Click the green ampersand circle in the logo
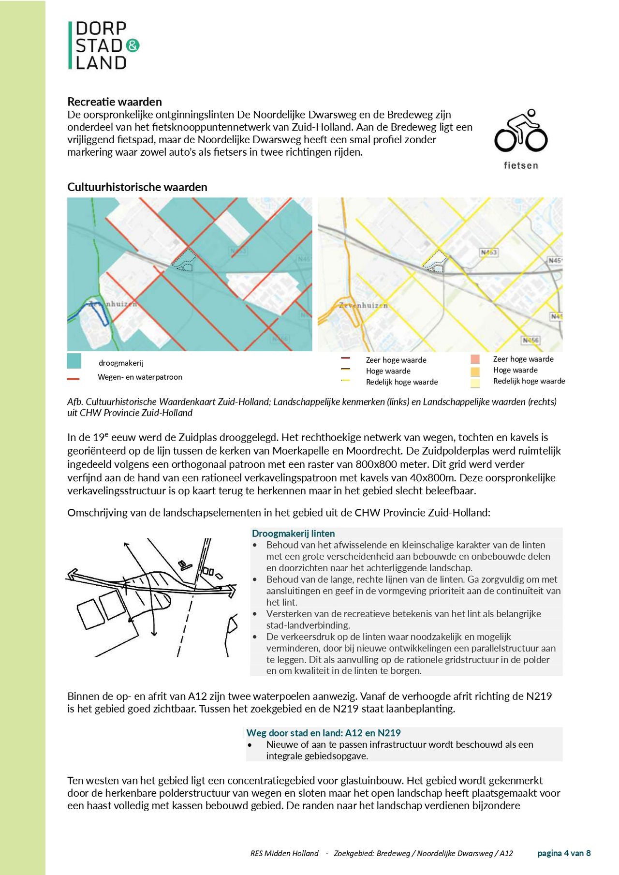[133, 45]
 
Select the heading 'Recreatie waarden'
[115, 102]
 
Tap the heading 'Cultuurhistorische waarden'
[137, 187]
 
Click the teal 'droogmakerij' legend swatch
[74, 361]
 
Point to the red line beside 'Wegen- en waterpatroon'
[73, 379]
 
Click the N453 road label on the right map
[489, 252]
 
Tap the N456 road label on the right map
[531, 340]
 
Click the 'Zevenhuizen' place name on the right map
[363, 306]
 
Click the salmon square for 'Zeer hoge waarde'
[475, 359]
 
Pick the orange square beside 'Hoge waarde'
[475, 371]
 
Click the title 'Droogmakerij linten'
[293, 534]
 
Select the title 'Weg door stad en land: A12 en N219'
[324, 733]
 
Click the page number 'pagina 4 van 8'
[564, 853]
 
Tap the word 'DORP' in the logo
[101, 28]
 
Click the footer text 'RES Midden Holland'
[284, 853]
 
